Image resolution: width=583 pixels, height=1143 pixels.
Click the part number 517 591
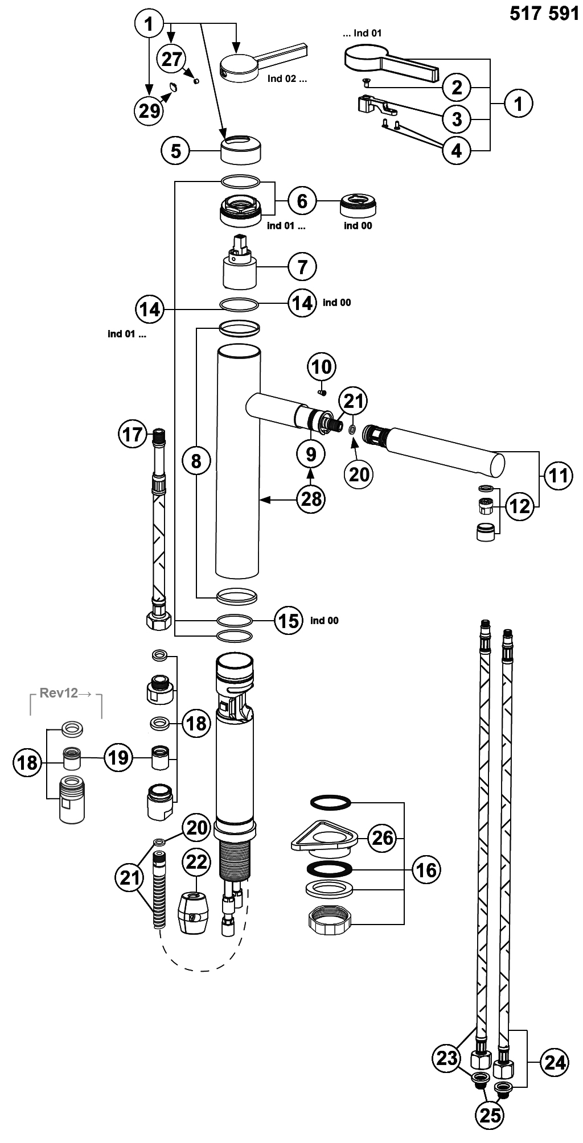[544, 13]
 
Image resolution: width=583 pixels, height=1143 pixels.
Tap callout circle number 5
[176, 151]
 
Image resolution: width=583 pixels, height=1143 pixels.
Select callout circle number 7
[302, 266]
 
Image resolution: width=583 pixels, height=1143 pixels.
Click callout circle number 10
[322, 367]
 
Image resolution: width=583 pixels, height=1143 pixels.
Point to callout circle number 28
[311, 499]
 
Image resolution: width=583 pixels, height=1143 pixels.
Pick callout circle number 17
[133, 435]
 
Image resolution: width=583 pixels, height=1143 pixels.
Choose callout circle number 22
[196, 862]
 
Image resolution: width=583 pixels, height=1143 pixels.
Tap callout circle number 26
[383, 837]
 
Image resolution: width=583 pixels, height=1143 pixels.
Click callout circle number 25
[490, 1116]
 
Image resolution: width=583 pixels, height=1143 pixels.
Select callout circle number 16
[426, 870]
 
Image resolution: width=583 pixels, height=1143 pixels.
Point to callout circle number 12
[519, 506]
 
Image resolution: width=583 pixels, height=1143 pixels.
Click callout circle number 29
[150, 110]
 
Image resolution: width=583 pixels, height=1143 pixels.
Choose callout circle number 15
[289, 620]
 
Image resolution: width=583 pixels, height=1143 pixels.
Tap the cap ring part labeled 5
[241, 149]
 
